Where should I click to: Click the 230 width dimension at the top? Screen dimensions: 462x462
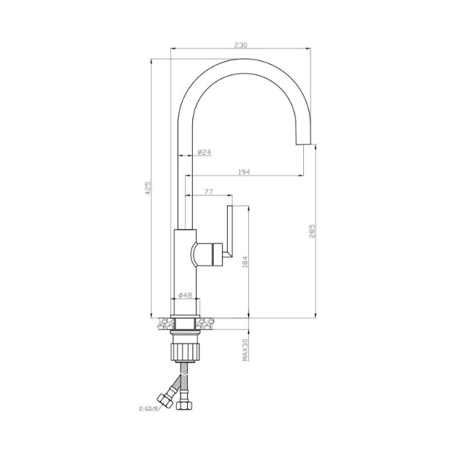240,45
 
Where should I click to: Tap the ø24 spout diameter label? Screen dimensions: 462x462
204,152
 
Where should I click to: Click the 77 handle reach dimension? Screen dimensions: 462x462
208,191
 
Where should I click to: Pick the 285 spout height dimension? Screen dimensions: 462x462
312,232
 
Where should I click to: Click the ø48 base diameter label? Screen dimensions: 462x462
185,295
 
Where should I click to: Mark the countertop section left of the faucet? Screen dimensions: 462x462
164,320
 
